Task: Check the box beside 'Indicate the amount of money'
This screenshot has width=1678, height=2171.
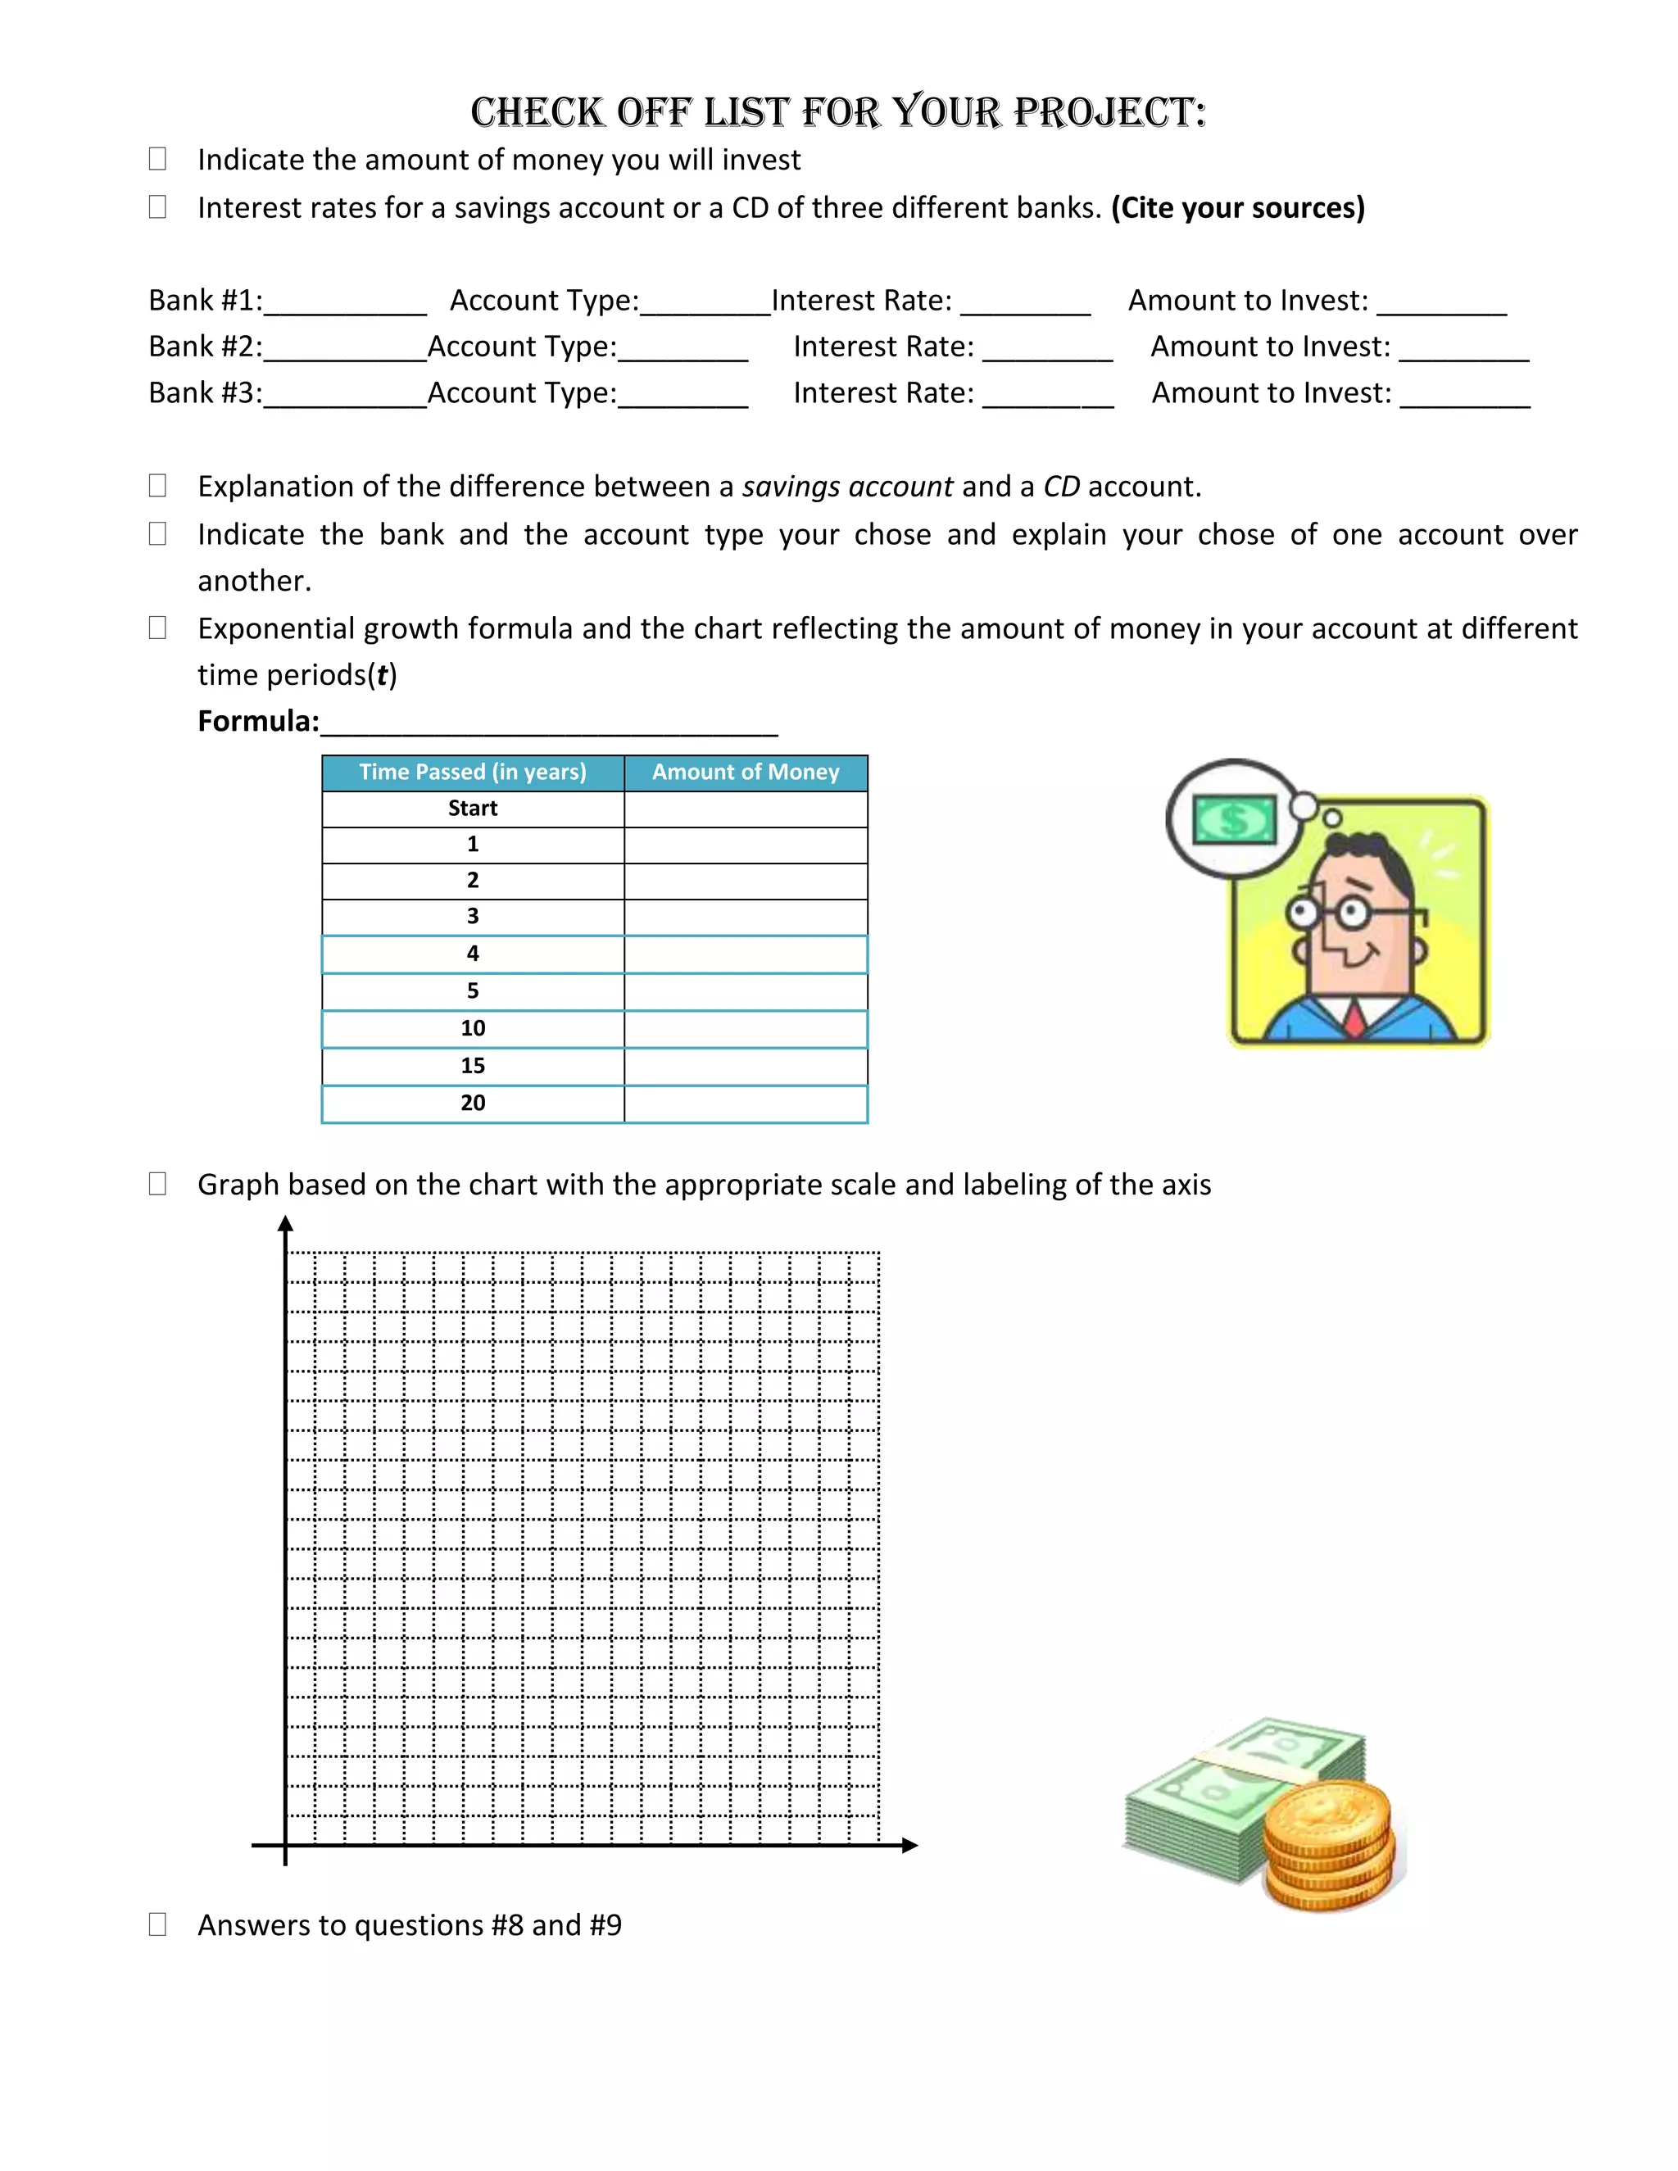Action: coord(157,159)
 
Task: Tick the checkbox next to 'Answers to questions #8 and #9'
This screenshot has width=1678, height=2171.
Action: coord(157,1924)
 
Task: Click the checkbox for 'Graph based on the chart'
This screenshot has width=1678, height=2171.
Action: coord(157,1184)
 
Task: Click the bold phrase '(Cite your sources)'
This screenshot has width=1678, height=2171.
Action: coord(1238,208)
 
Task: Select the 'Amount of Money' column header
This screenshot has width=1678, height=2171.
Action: coord(746,773)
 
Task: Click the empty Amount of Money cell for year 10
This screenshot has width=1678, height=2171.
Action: coord(746,1029)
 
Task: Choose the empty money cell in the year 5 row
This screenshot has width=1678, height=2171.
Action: coord(746,991)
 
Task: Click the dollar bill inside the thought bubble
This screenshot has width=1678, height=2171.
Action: coord(1234,820)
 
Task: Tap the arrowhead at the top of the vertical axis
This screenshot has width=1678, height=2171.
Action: coord(285,1224)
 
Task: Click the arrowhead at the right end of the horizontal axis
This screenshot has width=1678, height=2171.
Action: coord(909,1845)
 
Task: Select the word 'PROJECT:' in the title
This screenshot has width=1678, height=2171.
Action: coord(1109,112)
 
